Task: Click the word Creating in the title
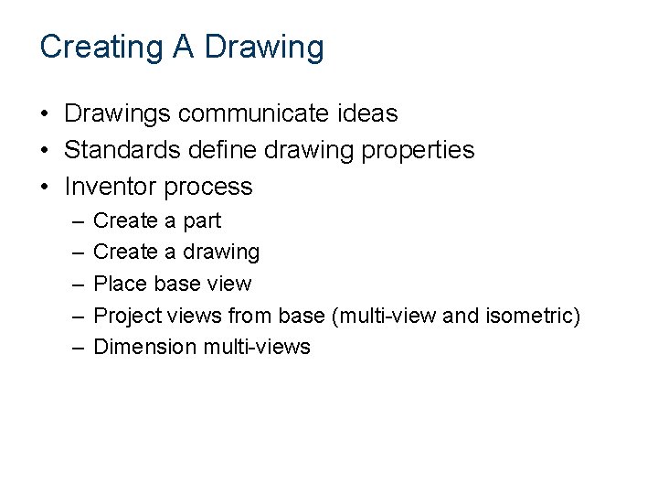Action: click(x=102, y=47)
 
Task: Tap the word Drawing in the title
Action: click(x=264, y=47)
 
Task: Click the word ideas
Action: click(x=365, y=113)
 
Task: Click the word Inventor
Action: click(x=111, y=187)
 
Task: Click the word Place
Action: click(x=118, y=284)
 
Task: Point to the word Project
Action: click(x=126, y=316)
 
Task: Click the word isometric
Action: click(x=529, y=316)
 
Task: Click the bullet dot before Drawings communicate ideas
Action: click(x=44, y=114)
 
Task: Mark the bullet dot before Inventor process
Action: click(x=44, y=188)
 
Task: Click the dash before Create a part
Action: click(x=72, y=221)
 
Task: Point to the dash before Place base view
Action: click(x=72, y=284)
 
